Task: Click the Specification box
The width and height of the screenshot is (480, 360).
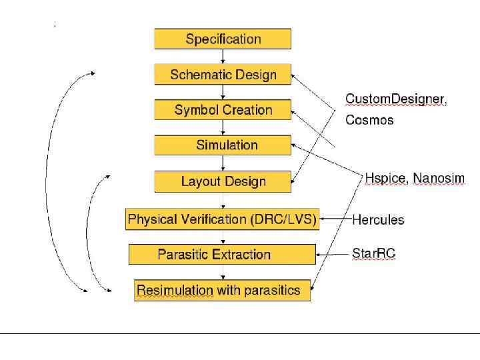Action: tap(223, 39)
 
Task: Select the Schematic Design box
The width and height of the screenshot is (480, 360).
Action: tap(223, 74)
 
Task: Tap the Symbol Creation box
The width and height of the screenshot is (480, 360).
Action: tap(223, 110)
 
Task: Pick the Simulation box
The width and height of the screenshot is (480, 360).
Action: tap(223, 145)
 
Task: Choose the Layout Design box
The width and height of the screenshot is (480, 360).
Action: tap(223, 181)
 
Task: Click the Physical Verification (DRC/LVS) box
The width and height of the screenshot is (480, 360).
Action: tap(222, 219)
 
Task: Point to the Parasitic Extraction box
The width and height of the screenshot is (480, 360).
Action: tap(222, 254)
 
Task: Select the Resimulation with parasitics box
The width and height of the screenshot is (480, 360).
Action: tap(222, 290)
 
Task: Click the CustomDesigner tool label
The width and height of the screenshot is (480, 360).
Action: tap(395, 99)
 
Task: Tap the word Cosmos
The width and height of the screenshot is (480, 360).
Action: tap(369, 120)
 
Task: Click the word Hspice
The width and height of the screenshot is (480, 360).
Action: tap(385, 178)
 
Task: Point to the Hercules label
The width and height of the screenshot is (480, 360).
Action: tap(378, 219)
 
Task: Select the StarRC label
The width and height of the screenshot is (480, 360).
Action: tap(373, 253)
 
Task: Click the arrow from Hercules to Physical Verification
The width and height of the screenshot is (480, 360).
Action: tap(335, 219)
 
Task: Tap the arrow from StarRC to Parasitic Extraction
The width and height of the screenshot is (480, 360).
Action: tap(333, 254)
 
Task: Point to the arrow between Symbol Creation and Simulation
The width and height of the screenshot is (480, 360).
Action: tap(223, 128)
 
